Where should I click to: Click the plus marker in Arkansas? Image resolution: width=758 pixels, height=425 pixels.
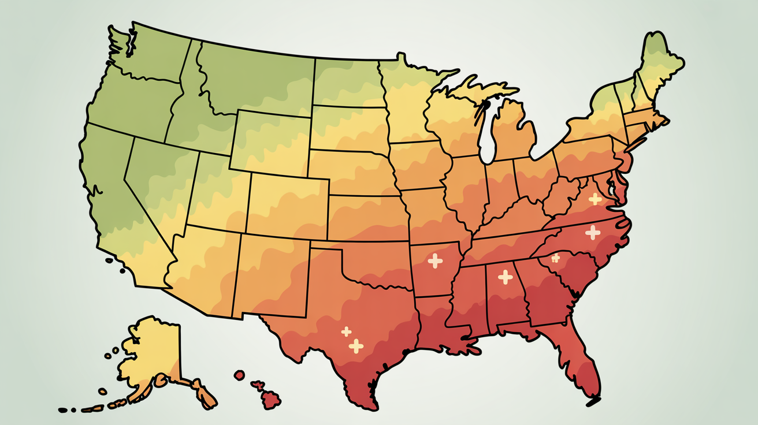(435, 260)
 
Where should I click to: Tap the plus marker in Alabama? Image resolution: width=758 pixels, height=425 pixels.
(506, 277)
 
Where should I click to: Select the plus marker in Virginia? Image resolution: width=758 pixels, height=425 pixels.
(594, 199)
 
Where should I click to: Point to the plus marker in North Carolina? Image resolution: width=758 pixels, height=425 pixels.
(593, 233)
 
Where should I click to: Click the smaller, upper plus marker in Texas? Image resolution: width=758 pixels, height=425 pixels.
(346, 331)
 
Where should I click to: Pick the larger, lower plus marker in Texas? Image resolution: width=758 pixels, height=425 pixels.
(356, 346)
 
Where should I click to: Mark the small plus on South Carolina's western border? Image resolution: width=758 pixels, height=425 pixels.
(556, 258)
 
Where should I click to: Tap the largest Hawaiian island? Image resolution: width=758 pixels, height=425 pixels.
(271, 398)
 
